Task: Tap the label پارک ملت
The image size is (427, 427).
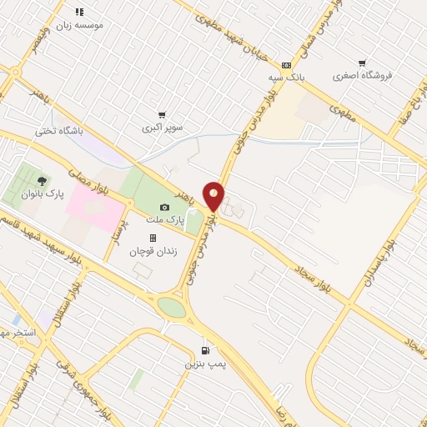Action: point(164,219)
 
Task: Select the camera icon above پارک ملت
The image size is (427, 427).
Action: point(164,207)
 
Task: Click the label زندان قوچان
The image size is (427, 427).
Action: point(153,250)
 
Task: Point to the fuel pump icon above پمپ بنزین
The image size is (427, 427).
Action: point(205,351)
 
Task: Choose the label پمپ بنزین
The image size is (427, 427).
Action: point(205,364)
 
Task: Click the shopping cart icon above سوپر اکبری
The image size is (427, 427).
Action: point(162,115)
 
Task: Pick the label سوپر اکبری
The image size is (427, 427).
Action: point(162,128)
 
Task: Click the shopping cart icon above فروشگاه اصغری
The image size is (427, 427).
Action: point(362,63)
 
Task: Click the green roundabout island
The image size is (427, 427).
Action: point(171,308)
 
